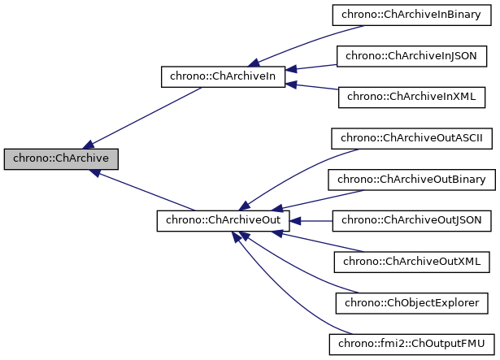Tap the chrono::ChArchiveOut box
[224, 221]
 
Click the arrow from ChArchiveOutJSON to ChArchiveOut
[313, 221]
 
